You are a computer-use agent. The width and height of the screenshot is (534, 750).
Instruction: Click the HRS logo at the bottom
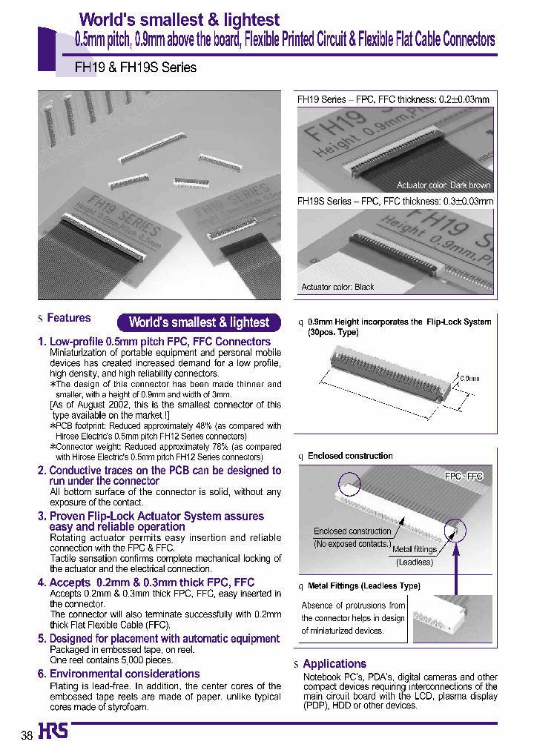[x=53, y=731]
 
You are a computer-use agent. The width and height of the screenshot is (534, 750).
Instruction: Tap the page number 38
[x=27, y=735]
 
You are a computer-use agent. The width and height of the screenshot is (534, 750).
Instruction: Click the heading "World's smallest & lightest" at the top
[x=179, y=20]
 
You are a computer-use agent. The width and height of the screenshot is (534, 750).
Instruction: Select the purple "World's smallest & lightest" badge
[x=199, y=322]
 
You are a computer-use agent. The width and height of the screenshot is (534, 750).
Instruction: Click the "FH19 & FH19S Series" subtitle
[x=136, y=67]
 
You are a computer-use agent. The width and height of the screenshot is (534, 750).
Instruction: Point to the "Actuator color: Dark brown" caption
[x=443, y=185]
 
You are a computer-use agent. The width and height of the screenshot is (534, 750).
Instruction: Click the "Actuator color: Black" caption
[x=337, y=287]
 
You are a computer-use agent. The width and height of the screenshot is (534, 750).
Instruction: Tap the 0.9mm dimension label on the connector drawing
[x=469, y=378]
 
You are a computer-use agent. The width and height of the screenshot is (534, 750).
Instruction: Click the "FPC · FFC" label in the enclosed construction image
[x=464, y=477]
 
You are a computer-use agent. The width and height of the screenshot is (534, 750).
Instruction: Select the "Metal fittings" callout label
[x=413, y=549]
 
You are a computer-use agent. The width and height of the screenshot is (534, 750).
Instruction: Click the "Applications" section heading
[x=334, y=664]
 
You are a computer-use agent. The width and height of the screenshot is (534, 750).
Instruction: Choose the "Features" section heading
[x=68, y=318]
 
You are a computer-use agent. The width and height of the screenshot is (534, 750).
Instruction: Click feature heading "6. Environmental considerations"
[x=119, y=674]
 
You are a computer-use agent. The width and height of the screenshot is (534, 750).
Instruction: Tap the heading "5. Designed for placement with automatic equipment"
[x=159, y=638]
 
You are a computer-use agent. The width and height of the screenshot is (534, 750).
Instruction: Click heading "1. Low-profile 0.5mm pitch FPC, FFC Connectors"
[x=154, y=342]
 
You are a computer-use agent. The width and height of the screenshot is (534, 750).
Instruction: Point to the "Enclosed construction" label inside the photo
[x=352, y=531]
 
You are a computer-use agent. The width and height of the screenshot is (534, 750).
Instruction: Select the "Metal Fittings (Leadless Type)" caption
[x=363, y=586]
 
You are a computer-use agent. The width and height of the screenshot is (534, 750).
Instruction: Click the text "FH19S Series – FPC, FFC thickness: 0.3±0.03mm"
[x=395, y=201]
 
